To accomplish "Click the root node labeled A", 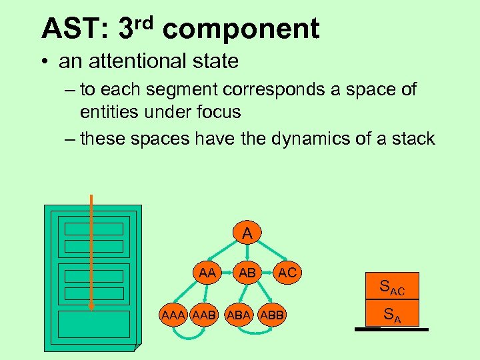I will click(x=247, y=233).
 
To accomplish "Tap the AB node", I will click(x=247, y=272).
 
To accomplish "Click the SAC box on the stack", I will click(x=392, y=287).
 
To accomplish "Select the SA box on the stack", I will click(x=392, y=314).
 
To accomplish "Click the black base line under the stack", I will click(x=391, y=328).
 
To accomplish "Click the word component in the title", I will click(x=241, y=29).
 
